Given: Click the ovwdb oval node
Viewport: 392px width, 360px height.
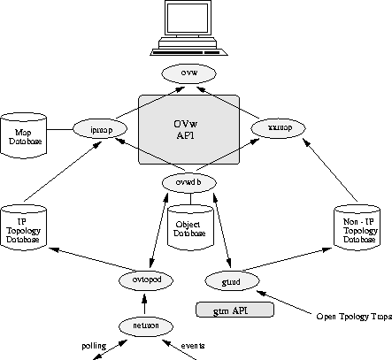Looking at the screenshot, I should (x=188, y=182).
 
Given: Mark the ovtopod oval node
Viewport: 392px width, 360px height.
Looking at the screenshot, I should (x=144, y=280).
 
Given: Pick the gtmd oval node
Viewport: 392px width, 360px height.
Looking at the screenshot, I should (x=233, y=280).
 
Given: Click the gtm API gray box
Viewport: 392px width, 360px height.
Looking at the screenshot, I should (x=234, y=310).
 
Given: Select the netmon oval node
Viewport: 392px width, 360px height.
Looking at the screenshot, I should (x=145, y=326).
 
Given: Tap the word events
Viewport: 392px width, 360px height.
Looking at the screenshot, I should (x=194, y=345).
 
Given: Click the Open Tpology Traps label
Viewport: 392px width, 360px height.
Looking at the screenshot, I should (x=353, y=316).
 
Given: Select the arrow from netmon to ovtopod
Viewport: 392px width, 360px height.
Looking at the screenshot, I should (x=145, y=303).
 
